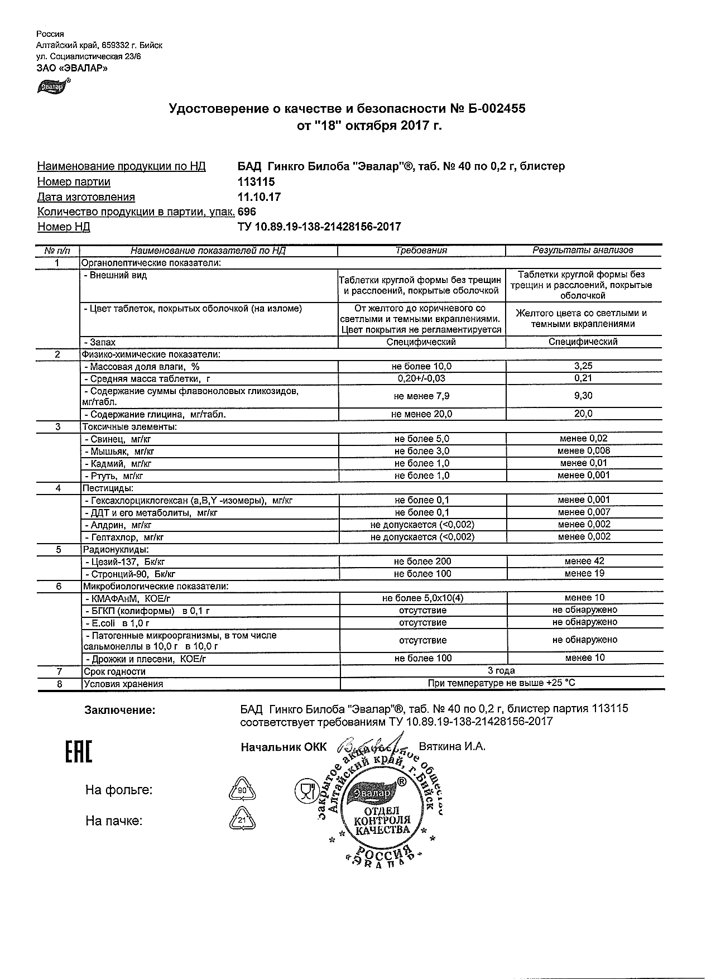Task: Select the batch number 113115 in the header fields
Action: point(256,182)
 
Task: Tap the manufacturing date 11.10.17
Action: point(259,197)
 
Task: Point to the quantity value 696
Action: point(247,212)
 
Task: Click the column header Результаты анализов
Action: point(583,251)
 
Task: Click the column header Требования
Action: point(421,251)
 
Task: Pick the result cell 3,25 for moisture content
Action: point(583,366)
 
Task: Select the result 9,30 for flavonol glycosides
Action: point(583,396)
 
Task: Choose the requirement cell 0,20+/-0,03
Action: point(422,378)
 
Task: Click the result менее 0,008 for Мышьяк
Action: point(584,451)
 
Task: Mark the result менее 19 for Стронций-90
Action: point(584,573)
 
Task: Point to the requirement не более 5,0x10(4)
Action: point(422,598)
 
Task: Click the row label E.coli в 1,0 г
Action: point(117,623)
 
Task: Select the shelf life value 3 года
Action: point(501,670)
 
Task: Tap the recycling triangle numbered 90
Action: point(242,790)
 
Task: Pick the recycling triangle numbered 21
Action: point(242,820)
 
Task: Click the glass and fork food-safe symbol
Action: point(305,790)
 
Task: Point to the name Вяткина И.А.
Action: point(452,747)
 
